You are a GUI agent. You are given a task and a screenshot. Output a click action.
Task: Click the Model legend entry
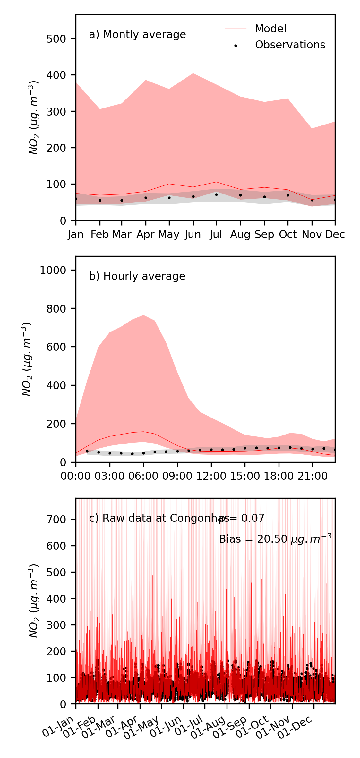point(270,29)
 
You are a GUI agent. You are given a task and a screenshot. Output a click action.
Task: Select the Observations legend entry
point(290,45)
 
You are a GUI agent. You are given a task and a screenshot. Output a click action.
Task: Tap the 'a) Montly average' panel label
point(137,35)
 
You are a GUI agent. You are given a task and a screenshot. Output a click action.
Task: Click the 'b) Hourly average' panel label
point(137,276)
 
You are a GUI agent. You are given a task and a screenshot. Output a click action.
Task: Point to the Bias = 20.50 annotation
point(275,539)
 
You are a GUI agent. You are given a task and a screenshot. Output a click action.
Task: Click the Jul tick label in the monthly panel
point(216,235)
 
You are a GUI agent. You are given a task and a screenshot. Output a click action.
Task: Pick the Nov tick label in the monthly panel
point(312,235)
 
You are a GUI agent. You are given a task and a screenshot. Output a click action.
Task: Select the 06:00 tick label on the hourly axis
point(143,476)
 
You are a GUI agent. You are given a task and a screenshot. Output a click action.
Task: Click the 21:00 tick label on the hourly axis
point(313,476)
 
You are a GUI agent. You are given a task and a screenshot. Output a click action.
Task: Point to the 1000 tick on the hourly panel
point(53,270)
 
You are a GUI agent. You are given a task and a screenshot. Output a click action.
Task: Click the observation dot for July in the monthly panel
point(216,194)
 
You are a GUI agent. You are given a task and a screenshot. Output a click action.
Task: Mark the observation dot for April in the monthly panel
point(146,198)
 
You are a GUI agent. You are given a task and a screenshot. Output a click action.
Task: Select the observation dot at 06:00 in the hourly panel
point(143,453)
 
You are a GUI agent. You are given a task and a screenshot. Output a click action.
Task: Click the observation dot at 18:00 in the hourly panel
point(279,448)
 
